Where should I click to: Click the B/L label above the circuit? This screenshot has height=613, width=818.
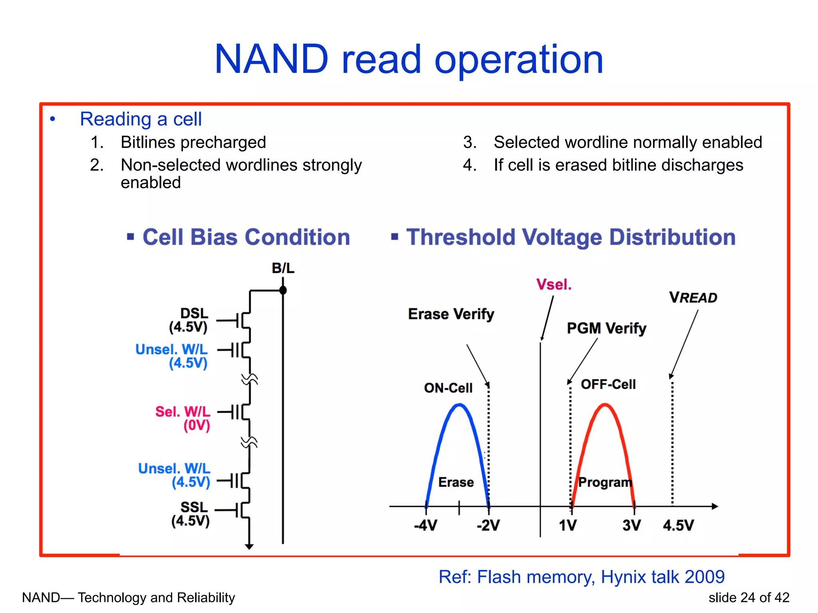283,268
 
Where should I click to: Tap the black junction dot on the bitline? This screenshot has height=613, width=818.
283,290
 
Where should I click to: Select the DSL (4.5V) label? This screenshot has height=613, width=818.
189,320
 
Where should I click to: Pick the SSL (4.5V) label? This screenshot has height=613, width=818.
191,514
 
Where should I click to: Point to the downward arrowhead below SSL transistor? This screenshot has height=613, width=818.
249,546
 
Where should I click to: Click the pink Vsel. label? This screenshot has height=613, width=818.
554,285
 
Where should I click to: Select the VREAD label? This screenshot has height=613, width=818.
693,298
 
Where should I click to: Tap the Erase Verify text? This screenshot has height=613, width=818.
451,314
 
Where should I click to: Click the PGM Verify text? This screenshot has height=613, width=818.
606,328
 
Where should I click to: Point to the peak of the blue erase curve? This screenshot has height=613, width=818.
460,405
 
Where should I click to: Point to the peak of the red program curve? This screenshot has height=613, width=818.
605,405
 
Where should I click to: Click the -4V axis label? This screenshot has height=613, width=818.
425,525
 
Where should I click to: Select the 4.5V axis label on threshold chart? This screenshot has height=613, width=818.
678,525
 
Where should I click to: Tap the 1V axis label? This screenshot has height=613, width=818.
568,525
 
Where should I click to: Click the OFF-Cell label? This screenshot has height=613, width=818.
608,384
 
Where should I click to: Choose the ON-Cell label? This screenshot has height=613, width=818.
448,388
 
